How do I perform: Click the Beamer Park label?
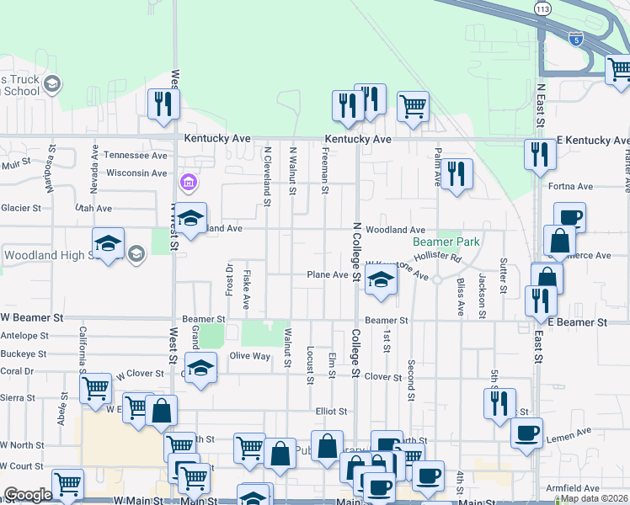pos(446,242)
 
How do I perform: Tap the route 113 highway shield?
pos(542,7)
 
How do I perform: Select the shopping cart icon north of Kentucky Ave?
pos(412,106)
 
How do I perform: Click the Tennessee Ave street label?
pos(135,156)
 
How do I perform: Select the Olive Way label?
pos(250,356)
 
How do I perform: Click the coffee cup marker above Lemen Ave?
pos(527,433)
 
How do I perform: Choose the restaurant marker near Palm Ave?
pos(456,174)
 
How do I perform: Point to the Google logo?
pos(28,495)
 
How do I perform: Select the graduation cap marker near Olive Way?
pos(200,368)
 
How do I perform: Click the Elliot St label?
pos(332,411)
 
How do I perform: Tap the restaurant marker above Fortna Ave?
pos(540,154)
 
